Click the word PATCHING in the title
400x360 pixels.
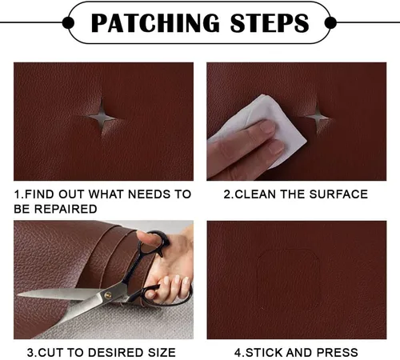[x=155, y=23]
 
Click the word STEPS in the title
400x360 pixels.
[x=270, y=23]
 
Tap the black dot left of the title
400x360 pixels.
[x=68, y=23]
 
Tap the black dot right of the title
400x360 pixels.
[x=330, y=23]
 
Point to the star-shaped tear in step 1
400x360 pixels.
[x=102, y=117]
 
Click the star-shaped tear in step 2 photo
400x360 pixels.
[x=318, y=117]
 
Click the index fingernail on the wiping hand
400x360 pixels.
[x=267, y=127]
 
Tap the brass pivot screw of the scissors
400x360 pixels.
[x=107, y=295]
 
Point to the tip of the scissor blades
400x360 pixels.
[x=18, y=295]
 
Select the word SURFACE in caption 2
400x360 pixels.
[x=338, y=194]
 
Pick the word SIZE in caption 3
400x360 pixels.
[x=162, y=353]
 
